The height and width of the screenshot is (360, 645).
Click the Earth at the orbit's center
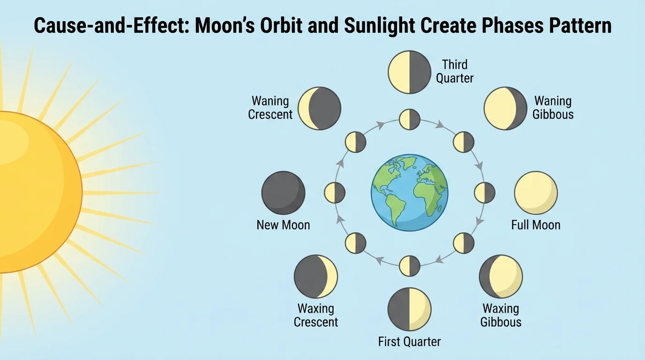coord(409,193)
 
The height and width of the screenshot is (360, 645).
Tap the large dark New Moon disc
coord(283,193)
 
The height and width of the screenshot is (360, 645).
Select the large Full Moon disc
coord(536,193)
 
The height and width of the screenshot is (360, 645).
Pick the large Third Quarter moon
coord(409,72)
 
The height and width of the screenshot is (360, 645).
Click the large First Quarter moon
coord(409,309)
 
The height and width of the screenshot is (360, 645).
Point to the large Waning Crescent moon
coord(319,108)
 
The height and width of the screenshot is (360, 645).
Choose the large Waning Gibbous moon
coord(505,108)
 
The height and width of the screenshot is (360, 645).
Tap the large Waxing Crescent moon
coord(315,277)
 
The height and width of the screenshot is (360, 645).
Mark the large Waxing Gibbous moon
coord(501,277)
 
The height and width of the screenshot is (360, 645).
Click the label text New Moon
coord(283,225)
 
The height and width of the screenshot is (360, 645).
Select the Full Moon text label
coord(536,225)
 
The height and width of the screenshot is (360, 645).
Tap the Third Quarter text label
coord(455,71)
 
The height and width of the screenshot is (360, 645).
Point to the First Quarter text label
coord(409,342)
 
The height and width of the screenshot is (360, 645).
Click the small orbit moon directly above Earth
coord(409,120)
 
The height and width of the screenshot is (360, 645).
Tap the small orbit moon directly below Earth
coord(409,266)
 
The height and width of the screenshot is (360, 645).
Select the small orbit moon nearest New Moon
coord(335,193)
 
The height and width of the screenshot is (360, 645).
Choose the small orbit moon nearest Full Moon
coord(484,193)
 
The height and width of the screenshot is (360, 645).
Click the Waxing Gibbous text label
coord(501,315)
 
